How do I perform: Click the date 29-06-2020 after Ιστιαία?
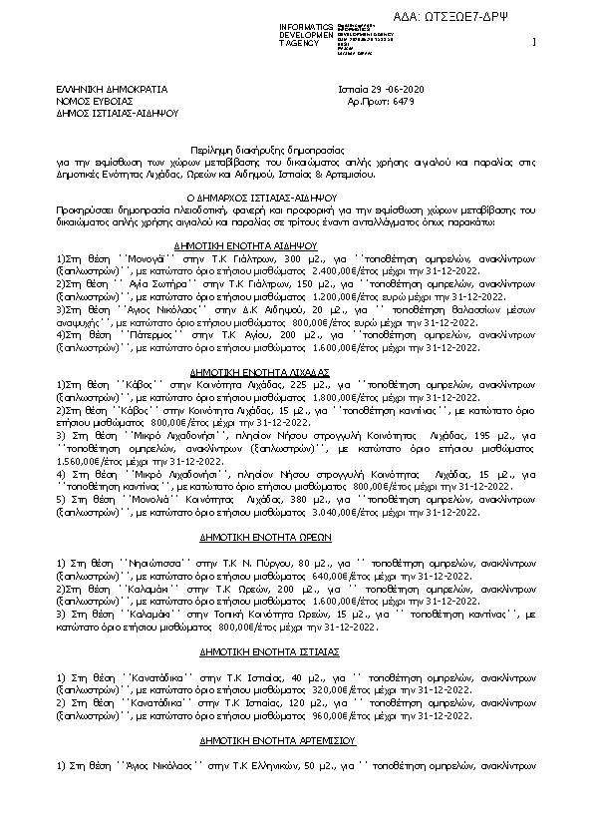tap(404, 89)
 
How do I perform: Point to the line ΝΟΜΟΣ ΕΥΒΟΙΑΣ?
tap(95, 101)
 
